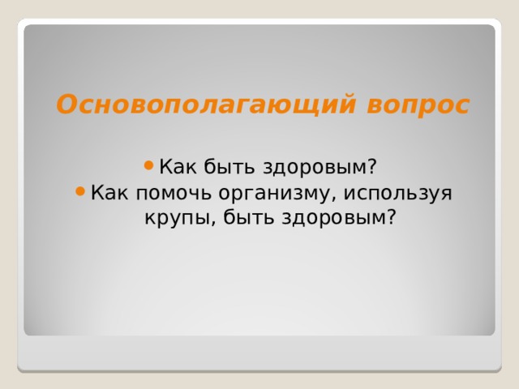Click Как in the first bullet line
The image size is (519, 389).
[x=174, y=167]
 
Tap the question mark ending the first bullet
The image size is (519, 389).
[x=372, y=167]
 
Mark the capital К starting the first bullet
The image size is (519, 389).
[x=165, y=167]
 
